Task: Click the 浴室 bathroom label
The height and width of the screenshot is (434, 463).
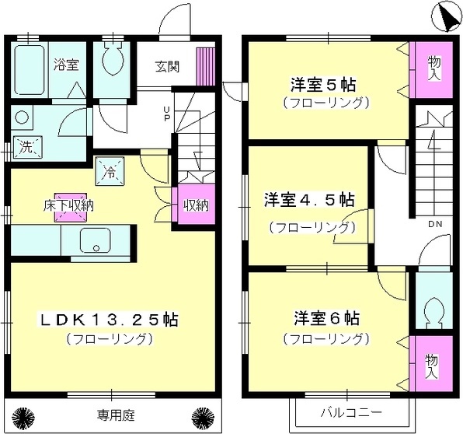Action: (65, 65)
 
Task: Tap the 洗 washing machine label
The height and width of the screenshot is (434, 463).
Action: (26, 147)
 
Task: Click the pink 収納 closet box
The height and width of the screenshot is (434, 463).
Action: (196, 206)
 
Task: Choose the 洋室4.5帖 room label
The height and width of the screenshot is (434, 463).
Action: (308, 200)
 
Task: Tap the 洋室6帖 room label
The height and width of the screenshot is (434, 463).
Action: (325, 318)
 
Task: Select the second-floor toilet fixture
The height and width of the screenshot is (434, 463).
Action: (430, 312)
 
